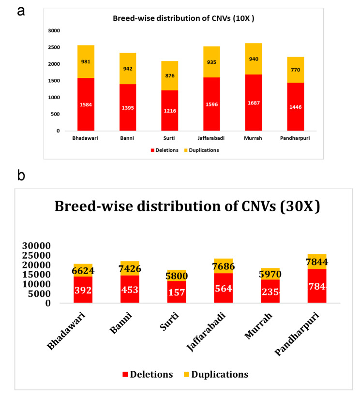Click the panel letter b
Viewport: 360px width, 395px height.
tap(22, 175)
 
